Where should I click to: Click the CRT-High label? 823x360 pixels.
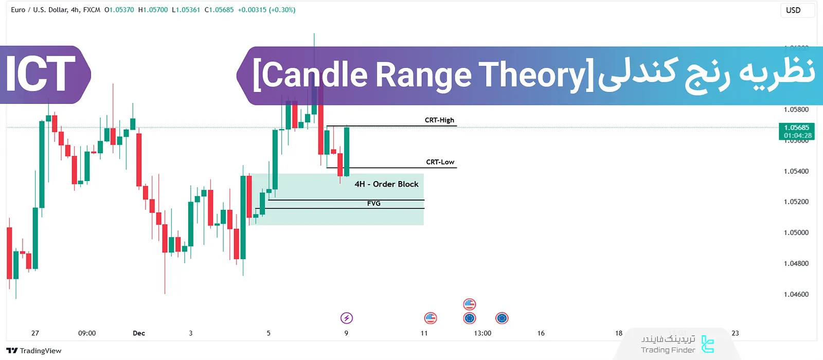click(439, 120)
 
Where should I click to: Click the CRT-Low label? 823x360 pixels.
click(440, 162)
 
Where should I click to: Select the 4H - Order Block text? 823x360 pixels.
click(386, 184)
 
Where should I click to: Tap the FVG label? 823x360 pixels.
click(374, 204)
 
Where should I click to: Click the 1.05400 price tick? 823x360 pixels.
click(796, 171)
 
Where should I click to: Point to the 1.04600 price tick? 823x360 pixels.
click(796, 295)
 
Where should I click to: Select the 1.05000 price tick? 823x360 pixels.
click(796, 233)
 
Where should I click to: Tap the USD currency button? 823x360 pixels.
click(793, 10)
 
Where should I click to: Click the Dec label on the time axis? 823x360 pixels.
click(139, 333)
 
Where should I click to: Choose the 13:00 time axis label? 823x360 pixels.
click(482, 333)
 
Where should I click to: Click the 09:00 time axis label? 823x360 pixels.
click(87, 333)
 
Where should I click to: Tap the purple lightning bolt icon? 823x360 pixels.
click(347, 318)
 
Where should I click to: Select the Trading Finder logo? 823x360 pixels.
click(678, 345)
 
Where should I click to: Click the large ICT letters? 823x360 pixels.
click(40, 75)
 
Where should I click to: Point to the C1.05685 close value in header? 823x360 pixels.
click(219, 10)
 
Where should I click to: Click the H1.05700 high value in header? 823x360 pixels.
click(153, 10)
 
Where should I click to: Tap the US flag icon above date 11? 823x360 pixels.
click(431, 318)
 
